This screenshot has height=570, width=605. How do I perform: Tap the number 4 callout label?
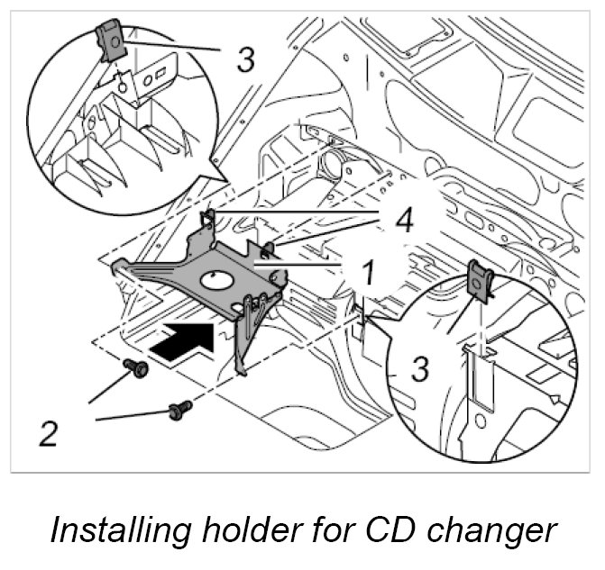[x=404, y=220]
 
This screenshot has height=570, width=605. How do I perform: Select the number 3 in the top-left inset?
[x=244, y=60]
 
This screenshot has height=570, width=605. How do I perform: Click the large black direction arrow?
[x=184, y=342]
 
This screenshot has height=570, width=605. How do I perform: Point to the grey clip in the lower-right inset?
[x=480, y=280]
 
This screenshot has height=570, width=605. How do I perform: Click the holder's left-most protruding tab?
[x=118, y=266]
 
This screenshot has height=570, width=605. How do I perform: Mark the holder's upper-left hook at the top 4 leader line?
[x=208, y=219]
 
